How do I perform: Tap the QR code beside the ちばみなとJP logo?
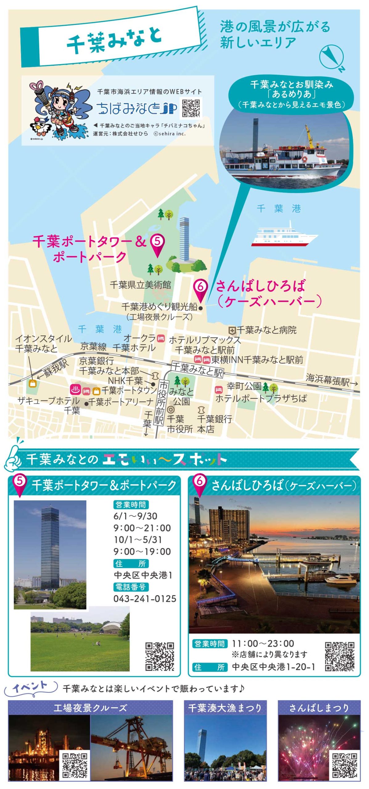(x=191, y=108)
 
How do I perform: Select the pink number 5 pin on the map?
(x=157, y=245)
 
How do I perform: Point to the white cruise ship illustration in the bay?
(x=284, y=235)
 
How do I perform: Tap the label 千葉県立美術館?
(x=141, y=285)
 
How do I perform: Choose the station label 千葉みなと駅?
(x=197, y=370)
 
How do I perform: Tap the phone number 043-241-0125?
(x=145, y=599)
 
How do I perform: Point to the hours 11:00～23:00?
(x=263, y=644)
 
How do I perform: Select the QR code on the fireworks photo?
(x=345, y=765)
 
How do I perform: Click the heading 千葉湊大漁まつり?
(x=225, y=708)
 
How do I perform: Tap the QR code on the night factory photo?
(x=75, y=765)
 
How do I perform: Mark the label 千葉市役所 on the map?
(x=180, y=424)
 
